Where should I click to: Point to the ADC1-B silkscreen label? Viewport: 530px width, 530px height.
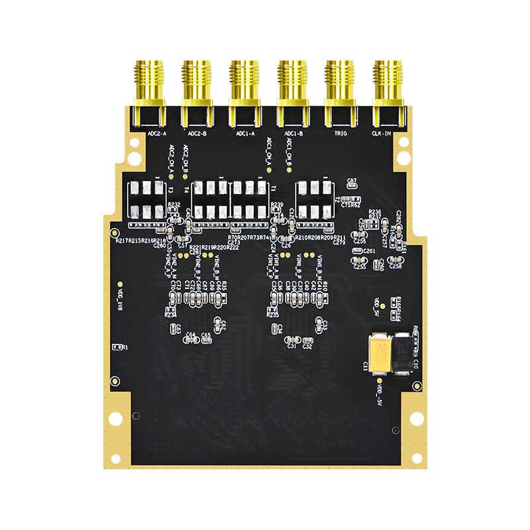[293, 133]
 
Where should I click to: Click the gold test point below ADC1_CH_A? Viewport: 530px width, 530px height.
[268, 170]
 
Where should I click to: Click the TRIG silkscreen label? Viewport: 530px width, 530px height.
[341, 133]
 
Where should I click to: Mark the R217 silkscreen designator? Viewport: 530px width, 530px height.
[122, 240]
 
